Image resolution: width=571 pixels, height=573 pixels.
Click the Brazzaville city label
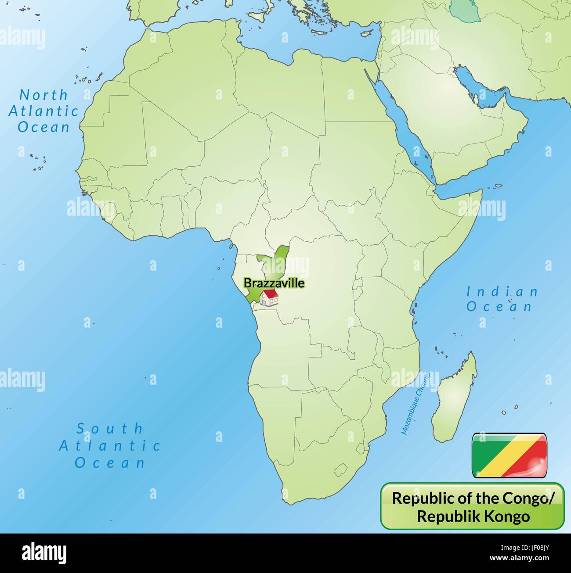[274, 283]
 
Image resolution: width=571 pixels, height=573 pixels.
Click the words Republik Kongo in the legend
[473, 516]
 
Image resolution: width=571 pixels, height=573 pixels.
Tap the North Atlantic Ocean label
[43, 111]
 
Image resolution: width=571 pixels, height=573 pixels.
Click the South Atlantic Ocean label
[110, 445]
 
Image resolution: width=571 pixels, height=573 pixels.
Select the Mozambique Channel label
[415, 403]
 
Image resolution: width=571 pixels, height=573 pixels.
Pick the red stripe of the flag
[534, 463]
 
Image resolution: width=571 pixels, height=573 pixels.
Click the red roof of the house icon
[269, 293]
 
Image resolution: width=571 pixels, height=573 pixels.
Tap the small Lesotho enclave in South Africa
[341, 471]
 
